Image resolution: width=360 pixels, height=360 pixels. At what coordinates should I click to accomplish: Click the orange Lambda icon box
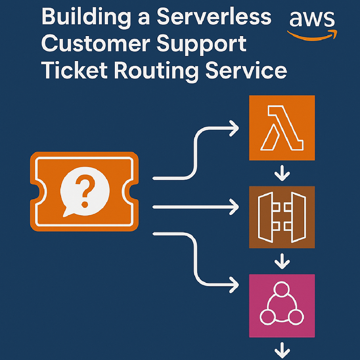(282, 127)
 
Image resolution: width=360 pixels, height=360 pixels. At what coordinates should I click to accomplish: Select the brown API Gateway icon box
(282, 217)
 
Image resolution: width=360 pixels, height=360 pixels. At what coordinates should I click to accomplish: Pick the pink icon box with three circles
(282, 306)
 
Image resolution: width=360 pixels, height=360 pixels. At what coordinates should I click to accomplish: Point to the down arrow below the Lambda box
(282, 174)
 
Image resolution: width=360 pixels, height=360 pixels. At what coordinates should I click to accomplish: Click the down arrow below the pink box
(282, 351)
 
